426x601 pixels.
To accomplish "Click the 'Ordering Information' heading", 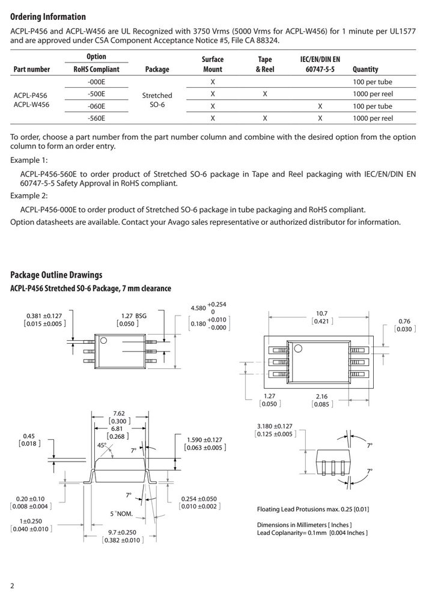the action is pyautogui.click(x=48, y=17).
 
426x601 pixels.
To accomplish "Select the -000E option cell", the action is pyautogui.click(x=96, y=82).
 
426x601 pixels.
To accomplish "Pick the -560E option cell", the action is pyautogui.click(x=96, y=118).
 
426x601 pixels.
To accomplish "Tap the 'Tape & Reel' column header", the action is pyautogui.click(x=265, y=64).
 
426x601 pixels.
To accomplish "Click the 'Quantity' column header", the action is pyautogui.click(x=365, y=69).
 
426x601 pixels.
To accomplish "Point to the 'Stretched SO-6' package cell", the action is pyautogui.click(x=157, y=100).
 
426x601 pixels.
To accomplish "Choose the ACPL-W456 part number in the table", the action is pyautogui.click(x=31, y=104).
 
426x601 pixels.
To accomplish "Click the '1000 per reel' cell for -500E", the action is pyautogui.click(x=373, y=94).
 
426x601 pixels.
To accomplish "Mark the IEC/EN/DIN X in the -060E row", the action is pyautogui.click(x=320, y=106).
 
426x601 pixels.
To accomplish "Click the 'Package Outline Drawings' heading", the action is pyautogui.click(x=56, y=275).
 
